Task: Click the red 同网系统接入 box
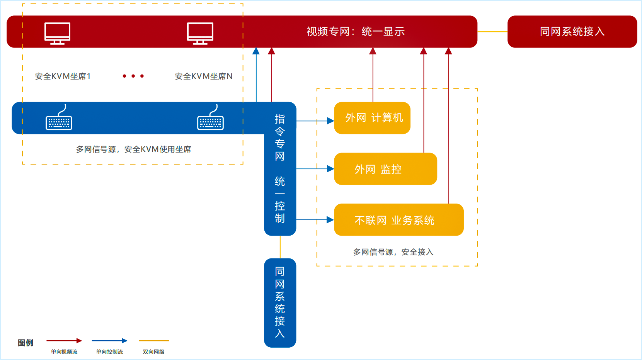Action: pyautogui.click(x=572, y=32)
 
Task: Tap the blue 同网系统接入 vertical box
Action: pyautogui.click(x=280, y=302)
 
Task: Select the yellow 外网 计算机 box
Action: pyautogui.click(x=372, y=118)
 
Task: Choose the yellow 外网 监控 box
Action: pyautogui.click(x=385, y=169)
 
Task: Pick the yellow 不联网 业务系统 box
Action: pyautogui.click(x=398, y=220)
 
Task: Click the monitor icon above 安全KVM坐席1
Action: pyautogui.click(x=57, y=33)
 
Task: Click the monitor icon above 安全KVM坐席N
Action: pyautogui.click(x=200, y=33)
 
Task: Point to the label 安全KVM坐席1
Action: pyautogui.click(x=63, y=76)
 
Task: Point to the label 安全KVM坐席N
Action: pyautogui.click(x=203, y=76)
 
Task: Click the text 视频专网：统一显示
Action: pyautogui.click(x=355, y=32)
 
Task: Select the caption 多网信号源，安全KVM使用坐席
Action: pyautogui.click(x=133, y=149)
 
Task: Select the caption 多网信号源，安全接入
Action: pyautogui.click(x=393, y=252)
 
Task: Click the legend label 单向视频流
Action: pyautogui.click(x=64, y=352)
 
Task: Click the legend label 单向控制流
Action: pyautogui.click(x=109, y=352)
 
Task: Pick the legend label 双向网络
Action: pyautogui.click(x=153, y=352)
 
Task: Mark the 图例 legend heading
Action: pyautogui.click(x=26, y=343)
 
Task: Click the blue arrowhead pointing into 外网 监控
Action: pyautogui.click(x=330, y=169)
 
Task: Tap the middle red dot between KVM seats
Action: pyautogui.click(x=133, y=76)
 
